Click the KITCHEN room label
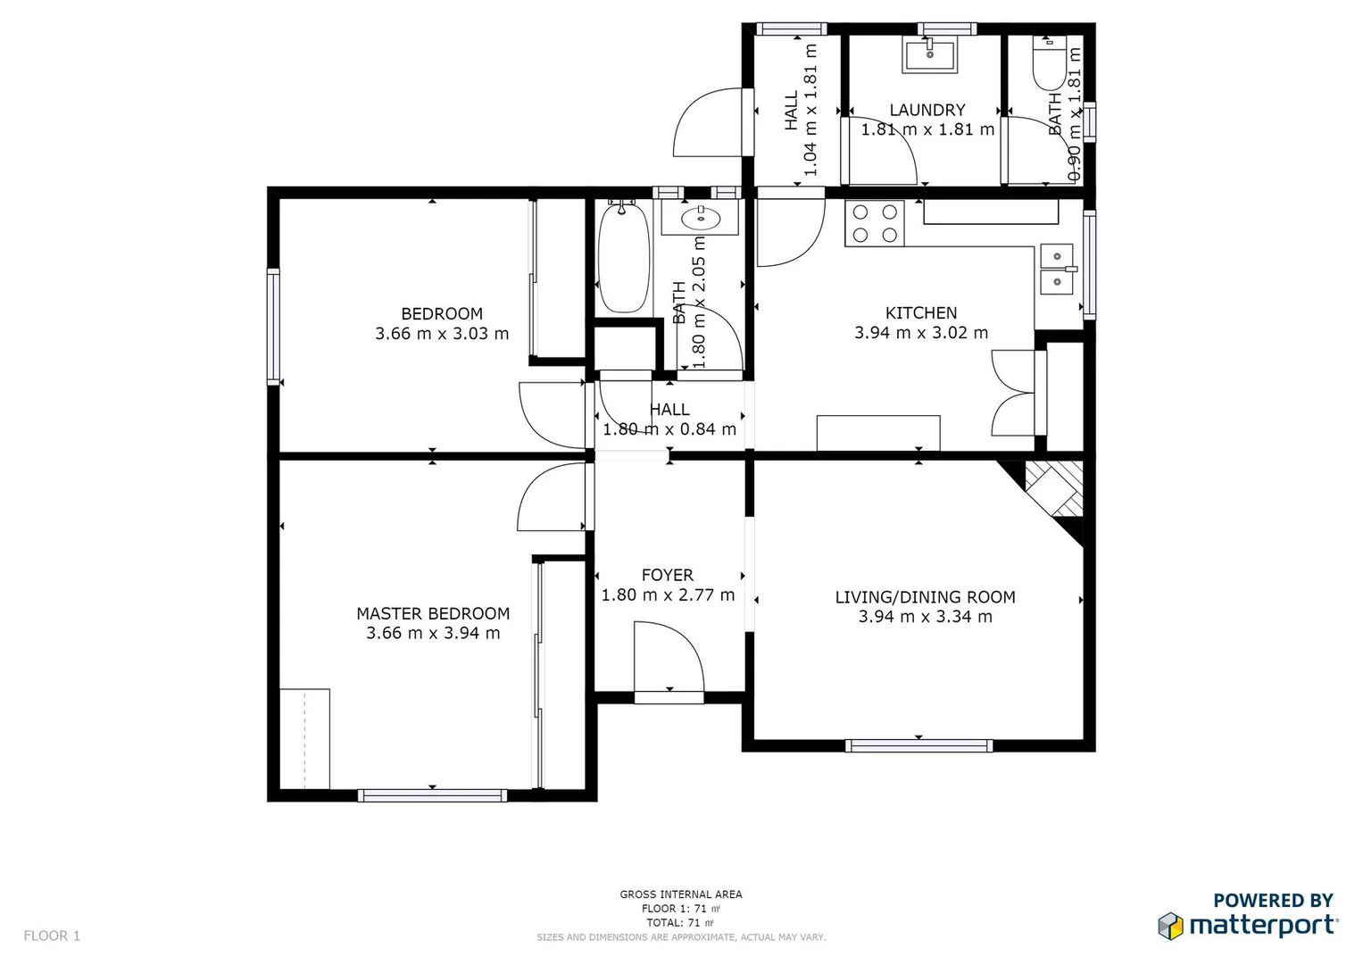tap(920, 313)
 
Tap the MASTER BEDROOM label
tap(433, 613)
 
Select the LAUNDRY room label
tap(927, 110)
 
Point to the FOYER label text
tap(667, 575)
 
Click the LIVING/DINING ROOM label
tap(925, 597)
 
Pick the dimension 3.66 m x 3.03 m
tap(442, 334)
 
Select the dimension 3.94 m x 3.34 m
tap(925, 617)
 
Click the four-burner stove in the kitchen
tap(875, 223)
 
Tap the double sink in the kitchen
tap(1057, 270)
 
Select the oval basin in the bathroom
tap(701, 217)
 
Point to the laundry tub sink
tap(929, 55)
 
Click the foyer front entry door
tap(668, 661)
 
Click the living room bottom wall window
tap(918, 745)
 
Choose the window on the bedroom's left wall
tap(273, 327)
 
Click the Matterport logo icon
tap(1170, 926)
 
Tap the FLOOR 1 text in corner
tap(52, 935)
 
